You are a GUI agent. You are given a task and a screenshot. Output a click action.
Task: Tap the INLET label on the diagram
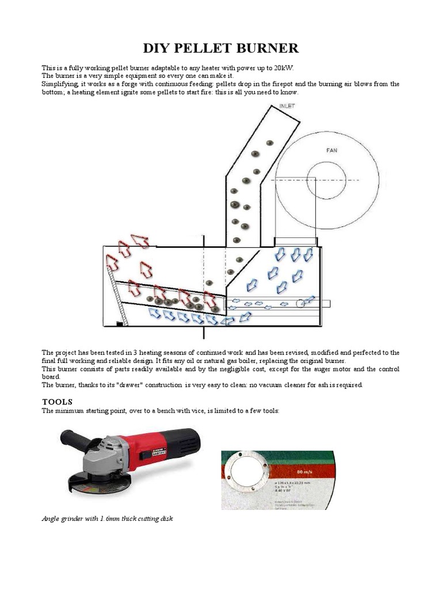pos(286,106)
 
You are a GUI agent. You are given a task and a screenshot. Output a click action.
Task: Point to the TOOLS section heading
pos(58,401)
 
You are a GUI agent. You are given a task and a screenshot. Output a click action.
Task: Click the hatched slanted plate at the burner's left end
pos(116,294)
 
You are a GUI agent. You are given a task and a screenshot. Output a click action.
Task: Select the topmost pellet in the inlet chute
pos(269,143)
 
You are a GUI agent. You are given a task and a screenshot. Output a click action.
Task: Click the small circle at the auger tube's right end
pos(300,304)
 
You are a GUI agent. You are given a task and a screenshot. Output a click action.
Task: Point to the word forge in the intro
pos(112,84)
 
